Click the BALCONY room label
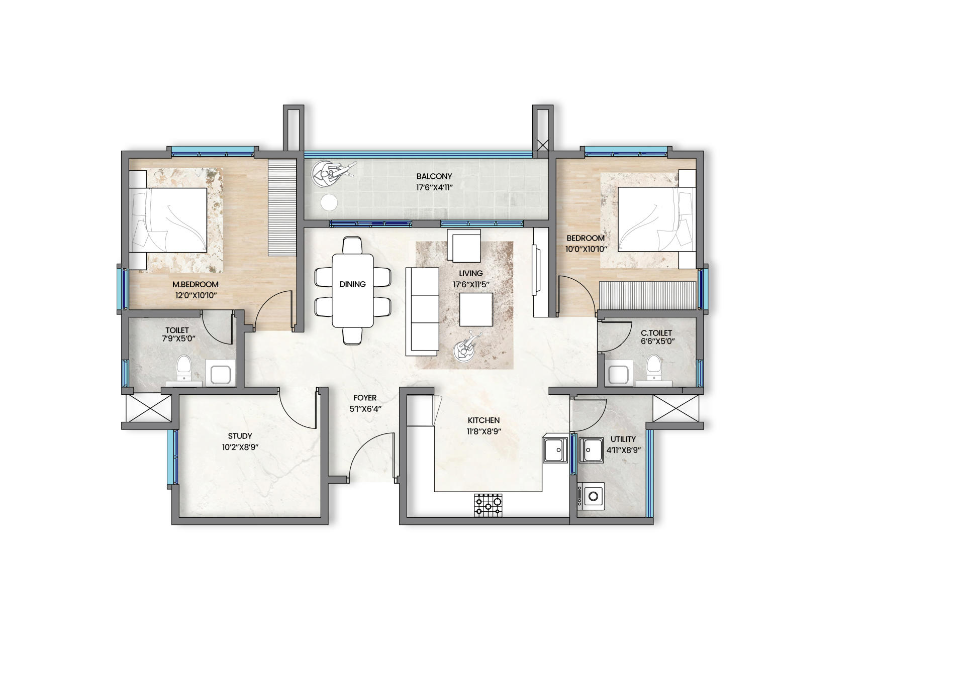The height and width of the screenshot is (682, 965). (x=434, y=176)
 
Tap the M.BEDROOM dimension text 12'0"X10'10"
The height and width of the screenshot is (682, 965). (x=196, y=295)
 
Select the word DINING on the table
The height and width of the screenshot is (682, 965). (x=352, y=284)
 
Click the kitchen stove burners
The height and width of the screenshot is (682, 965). (x=488, y=505)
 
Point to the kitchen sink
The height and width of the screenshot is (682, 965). (x=555, y=449)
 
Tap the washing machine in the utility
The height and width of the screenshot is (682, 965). (x=591, y=497)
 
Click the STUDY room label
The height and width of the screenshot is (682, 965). (x=240, y=436)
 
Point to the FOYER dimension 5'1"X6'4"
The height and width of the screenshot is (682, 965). (x=365, y=409)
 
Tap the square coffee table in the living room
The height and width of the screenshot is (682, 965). (x=476, y=310)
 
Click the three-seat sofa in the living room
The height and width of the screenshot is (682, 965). (x=422, y=311)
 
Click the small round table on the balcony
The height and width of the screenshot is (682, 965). (x=329, y=202)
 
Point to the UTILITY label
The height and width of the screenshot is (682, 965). (x=623, y=439)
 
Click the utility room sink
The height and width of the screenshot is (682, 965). (x=591, y=449)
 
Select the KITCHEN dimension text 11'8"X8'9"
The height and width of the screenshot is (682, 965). (x=484, y=431)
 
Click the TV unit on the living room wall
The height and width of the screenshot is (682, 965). (x=540, y=272)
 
